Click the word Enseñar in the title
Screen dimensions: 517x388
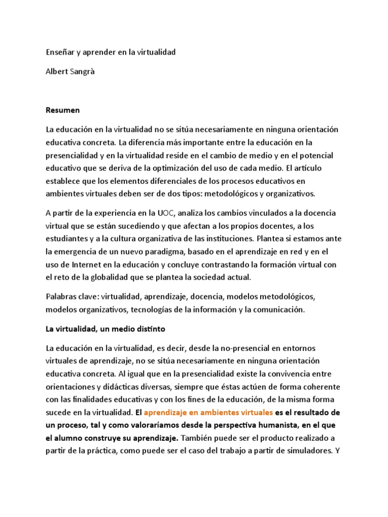point(60,53)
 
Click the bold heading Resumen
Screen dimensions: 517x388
point(63,110)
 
